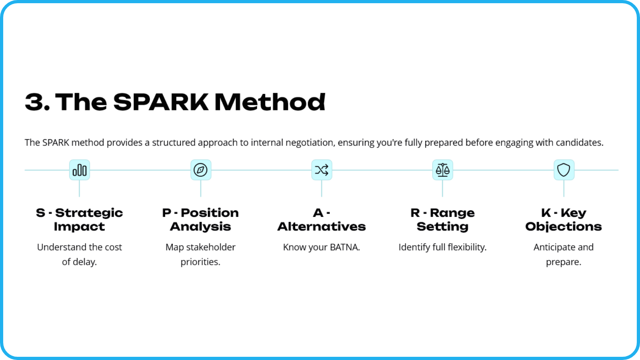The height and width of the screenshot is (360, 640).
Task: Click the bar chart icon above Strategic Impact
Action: point(80,170)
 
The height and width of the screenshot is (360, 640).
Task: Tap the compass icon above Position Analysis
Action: point(200,170)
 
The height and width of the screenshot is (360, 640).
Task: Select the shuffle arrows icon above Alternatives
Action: point(322,170)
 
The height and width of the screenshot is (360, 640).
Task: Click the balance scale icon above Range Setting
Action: point(442,170)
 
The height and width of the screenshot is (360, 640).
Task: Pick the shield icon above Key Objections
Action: point(564,170)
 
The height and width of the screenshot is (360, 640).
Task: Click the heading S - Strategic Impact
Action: point(80,220)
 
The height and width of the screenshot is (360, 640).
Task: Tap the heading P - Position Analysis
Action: point(200,220)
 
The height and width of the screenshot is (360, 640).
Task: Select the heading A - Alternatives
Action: point(322,220)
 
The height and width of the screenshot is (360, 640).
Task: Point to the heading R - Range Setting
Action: point(442,220)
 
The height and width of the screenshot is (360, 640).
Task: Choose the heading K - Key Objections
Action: point(564,220)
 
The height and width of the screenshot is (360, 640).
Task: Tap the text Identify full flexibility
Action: point(442,247)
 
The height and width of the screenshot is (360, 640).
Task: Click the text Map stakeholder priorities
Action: point(200,254)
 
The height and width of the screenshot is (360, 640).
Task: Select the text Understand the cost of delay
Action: point(80,254)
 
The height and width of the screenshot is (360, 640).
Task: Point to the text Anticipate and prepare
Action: point(564,254)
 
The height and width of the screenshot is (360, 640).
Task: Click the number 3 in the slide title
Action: point(34,102)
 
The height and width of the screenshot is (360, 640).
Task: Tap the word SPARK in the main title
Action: point(161,102)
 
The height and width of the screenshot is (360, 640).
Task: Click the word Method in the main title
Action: point(270,102)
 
